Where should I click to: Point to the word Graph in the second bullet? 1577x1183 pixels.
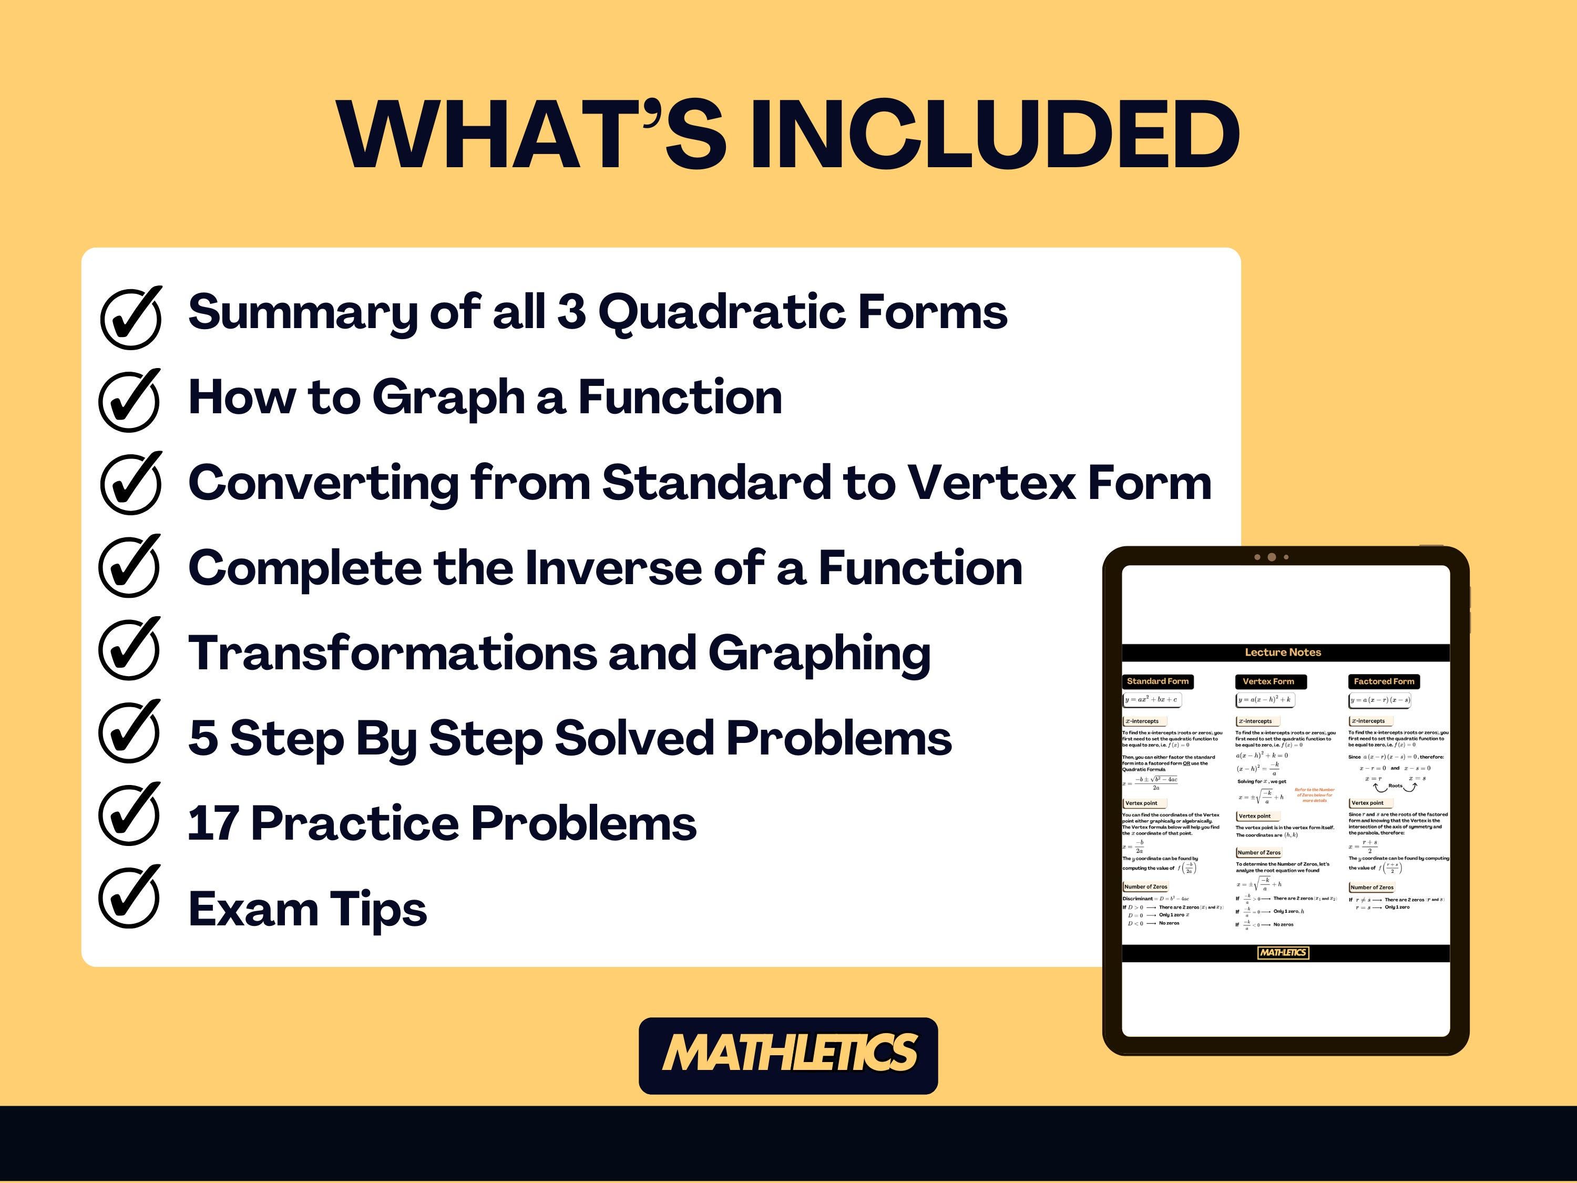point(448,399)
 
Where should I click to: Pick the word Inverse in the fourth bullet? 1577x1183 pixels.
point(612,568)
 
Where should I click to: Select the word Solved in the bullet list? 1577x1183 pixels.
point(634,738)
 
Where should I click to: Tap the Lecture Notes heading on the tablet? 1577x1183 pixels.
point(1283,652)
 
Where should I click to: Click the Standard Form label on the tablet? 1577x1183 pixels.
point(1158,681)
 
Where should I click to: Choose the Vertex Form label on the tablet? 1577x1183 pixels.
point(1268,681)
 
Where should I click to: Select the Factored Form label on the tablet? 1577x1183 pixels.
point(1384,681)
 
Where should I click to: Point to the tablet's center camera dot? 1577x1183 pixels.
point(1271,557)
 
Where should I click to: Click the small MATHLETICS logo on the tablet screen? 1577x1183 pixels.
point(1283,953)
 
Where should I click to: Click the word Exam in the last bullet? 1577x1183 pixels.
point(250,909)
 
